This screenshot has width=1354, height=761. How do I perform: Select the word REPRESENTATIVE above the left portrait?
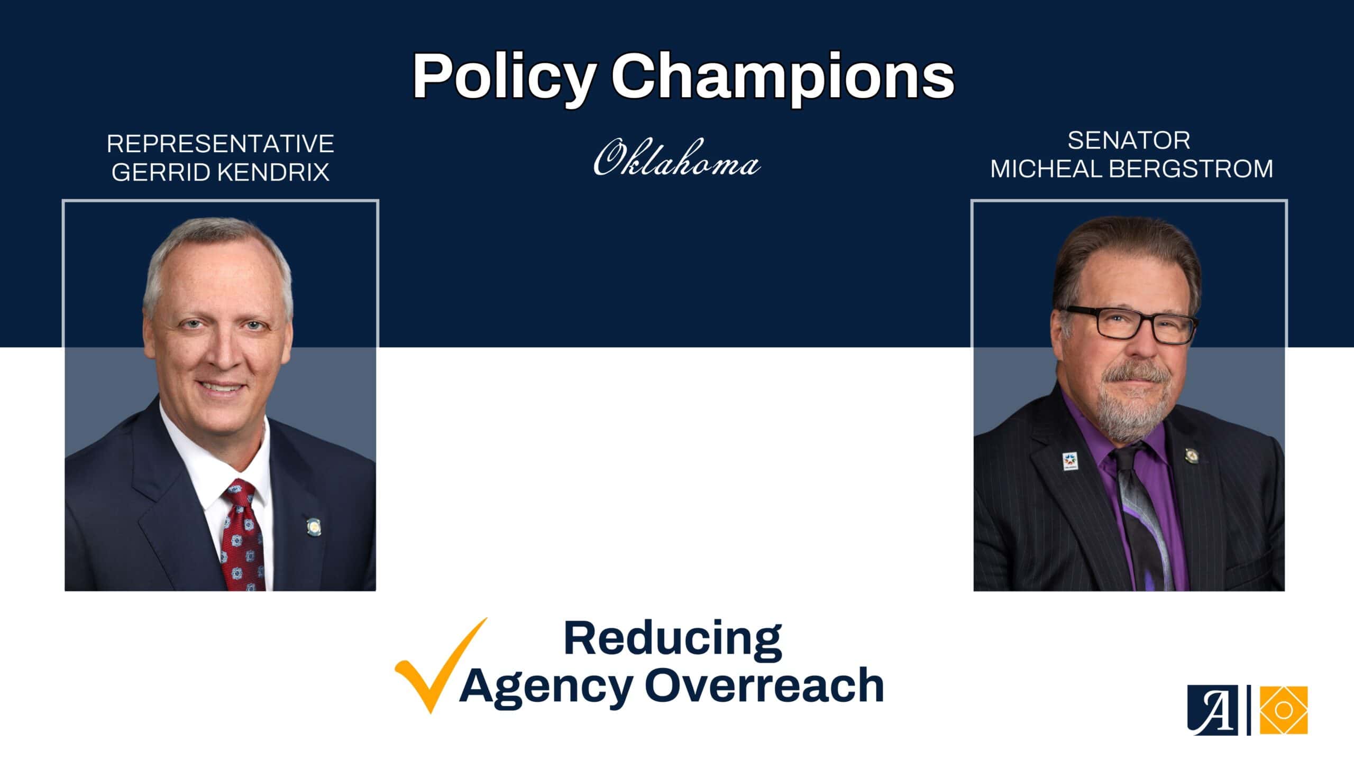(221, 144)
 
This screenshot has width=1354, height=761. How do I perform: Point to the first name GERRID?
(153, 172)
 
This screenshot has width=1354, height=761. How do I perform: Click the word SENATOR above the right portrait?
(1129, 141)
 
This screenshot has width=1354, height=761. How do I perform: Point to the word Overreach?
(764, 685)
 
